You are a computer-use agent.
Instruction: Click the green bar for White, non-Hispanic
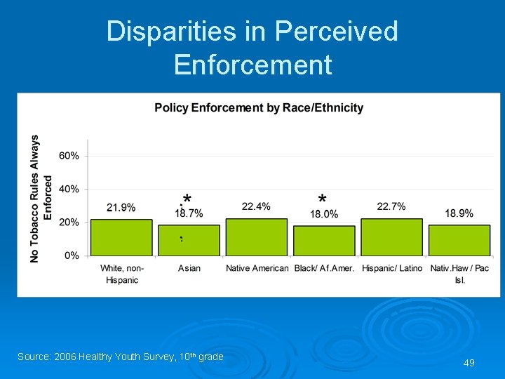point(121,237)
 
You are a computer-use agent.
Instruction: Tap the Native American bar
point(256,237)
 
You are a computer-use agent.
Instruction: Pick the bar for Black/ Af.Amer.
point(324,240)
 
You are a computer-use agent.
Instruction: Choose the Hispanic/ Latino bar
point(391,237)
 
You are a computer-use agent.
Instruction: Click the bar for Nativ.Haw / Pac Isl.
point(459,240)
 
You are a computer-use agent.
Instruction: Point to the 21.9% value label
point(121,207)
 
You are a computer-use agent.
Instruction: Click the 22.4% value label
point(256,206)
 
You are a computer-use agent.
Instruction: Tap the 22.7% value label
point(391,206)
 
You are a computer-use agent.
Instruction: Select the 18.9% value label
point(459,213)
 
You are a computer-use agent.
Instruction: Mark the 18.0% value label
point(324,214)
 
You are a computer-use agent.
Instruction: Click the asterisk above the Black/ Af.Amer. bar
point(322,199)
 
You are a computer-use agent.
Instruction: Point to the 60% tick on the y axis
point(69,156)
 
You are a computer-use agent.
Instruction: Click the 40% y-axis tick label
point(69,189)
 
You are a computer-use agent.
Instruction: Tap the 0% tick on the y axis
point(72,255)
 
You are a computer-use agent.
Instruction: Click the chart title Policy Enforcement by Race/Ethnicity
point(259,108)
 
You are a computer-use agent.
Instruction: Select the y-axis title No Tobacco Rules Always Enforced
point(41,199)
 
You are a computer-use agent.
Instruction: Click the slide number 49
point(469,363)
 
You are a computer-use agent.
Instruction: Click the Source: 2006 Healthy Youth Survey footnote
point(120,357)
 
